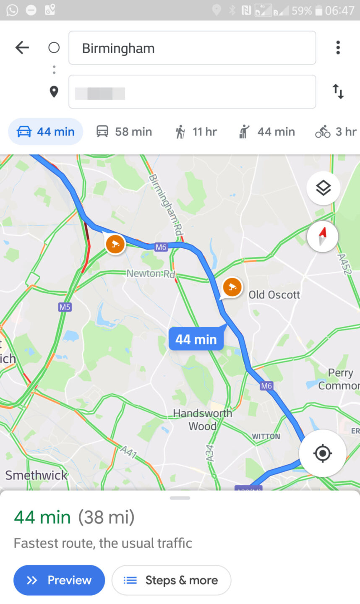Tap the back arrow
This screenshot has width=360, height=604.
pyautogui.click(x=22, y=47)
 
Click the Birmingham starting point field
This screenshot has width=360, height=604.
pyautogui.click(x=192, y=48)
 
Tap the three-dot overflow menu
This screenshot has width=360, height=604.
pyautogui.click(x=338, y=47)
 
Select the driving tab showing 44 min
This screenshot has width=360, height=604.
pyautogui.click(x=46, y=132)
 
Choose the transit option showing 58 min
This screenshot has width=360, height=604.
pyautogui.click(x=124, y=132)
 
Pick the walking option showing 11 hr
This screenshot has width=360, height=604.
pyautogui.click(x=196, y=132)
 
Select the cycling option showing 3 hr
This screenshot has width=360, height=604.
pyautogui.click(x=336, y=132)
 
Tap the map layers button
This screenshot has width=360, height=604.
pyautogui.click(x=323, y=188)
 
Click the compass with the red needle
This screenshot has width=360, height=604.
pyautogui.click(x=322, y=236)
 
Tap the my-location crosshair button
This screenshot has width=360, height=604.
pyautogui.click(x=322, y=453)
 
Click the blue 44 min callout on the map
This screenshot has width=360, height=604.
pyautogui.click(x=196, y=339)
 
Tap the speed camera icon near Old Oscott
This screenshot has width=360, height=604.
pyautogui.click(x=232, y=287)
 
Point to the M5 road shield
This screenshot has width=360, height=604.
pyautogui.click(x=65, y=307)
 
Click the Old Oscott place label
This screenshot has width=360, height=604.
pyautogui.click(x=274, y=295)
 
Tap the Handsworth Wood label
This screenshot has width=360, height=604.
pyautogui.click(x=202, y=419)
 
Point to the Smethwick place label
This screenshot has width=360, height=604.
pyautogui.click(x=36, y=475)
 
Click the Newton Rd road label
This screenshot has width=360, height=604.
pyautogui.click(x=151, y=273)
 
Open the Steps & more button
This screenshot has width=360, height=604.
pyautogui.click(x=171, y=580)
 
